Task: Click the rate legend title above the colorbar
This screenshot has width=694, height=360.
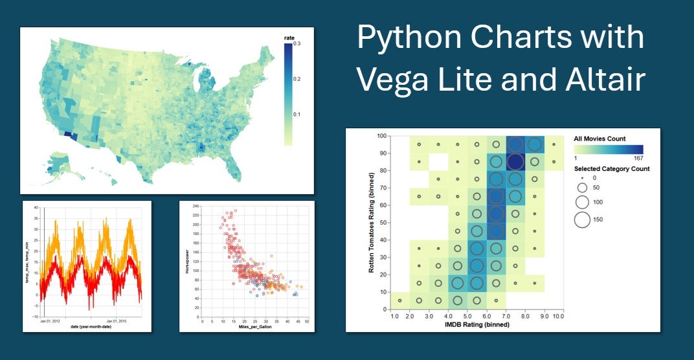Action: (x=289, y=38)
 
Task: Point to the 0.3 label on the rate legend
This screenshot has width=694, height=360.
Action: (x=297, y=44)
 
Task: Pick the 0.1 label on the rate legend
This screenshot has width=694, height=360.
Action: (x=297, y=114)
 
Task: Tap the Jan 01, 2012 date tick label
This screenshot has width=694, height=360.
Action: (x=50, y=320)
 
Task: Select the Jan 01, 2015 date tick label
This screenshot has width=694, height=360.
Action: (x=120, y=320)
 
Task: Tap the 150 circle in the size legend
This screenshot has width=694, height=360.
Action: (x=582, y=219)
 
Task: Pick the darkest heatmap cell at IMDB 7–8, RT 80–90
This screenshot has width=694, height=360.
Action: (x=515, y=161)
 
